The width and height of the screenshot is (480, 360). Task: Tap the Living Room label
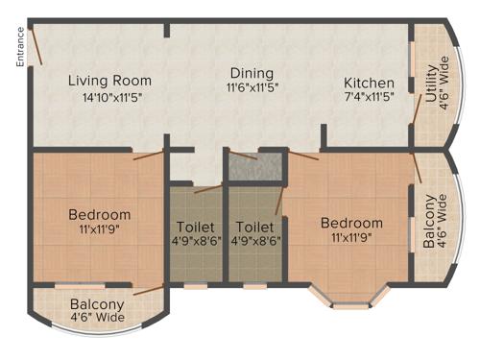pos(110,80)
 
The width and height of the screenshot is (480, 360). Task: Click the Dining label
pos(252,73)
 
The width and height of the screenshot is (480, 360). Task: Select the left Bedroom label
pos(99,214)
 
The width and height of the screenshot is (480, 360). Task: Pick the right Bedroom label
pos(351,223)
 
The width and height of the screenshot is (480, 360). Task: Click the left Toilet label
pos(196,228)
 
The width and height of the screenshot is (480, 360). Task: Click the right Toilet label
pos(253,228)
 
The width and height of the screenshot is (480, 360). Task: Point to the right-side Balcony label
pos(429,223)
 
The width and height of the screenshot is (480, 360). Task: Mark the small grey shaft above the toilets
pos(255,167)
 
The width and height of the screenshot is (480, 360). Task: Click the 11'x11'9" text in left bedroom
pos(99,230)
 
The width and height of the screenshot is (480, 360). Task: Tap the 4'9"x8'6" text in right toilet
pos(253,242)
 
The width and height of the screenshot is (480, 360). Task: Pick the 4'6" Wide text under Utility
pos(442,84)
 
